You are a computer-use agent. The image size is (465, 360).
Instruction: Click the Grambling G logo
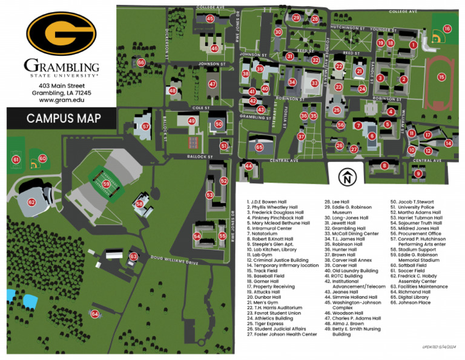pos(61,33)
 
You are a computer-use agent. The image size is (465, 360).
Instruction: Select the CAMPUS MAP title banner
pos(64,118)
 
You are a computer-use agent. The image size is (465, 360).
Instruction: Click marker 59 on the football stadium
pos(106,183)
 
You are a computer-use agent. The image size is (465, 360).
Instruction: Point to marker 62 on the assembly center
pos(31,202)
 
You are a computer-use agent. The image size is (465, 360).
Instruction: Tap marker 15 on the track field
pos(441,77)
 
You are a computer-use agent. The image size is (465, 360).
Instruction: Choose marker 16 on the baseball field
pos(447,28)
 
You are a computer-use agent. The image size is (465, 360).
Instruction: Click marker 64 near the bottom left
pos(95,313)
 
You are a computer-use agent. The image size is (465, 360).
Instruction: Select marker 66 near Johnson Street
pos(141,62)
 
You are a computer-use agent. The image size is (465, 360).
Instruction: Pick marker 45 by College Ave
pos(209,19)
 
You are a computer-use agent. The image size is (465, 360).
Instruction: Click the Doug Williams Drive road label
pos(175,261)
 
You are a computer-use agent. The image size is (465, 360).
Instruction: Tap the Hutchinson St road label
pos(347,28)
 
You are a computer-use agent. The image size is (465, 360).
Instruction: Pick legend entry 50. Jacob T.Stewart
pos(413,201)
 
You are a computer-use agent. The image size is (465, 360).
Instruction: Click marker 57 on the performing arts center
pos(146,127)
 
